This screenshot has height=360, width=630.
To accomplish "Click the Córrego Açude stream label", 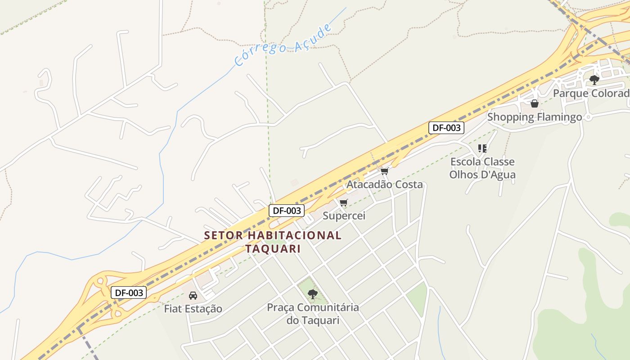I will tap(283, 45).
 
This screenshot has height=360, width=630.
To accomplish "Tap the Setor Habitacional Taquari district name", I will tap(273, 242).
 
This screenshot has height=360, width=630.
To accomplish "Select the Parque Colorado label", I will tap(591, 93).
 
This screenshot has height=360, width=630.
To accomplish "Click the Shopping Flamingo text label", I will tap(535, 117).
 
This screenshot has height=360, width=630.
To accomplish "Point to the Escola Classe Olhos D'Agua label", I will tap(482, 168).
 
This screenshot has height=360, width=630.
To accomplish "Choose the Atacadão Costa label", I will tap(384, 184).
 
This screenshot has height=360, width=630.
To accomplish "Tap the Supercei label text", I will tap(344, 216).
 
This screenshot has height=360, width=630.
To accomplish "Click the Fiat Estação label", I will tap(193, 309).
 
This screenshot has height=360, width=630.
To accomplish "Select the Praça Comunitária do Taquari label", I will tap(313, 314).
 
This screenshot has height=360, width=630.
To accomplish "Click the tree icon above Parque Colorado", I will tap(594, 80).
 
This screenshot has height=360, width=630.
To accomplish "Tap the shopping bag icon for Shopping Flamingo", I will tap(535, 104).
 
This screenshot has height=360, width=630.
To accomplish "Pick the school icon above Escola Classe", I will tap(482, 148).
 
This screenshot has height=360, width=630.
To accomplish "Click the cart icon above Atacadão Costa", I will tap(384, 171).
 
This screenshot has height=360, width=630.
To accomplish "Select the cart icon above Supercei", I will tap(344, 203).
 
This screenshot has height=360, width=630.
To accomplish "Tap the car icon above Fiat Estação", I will tap(193, 296).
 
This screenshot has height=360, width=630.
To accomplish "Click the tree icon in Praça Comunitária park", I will tap(313, 294).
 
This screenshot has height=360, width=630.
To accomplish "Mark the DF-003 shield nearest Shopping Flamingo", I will tap(446, 128).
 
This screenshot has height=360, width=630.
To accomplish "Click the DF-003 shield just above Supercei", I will tap(287, 210).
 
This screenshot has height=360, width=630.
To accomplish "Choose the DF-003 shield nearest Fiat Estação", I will tap(129, 292).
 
